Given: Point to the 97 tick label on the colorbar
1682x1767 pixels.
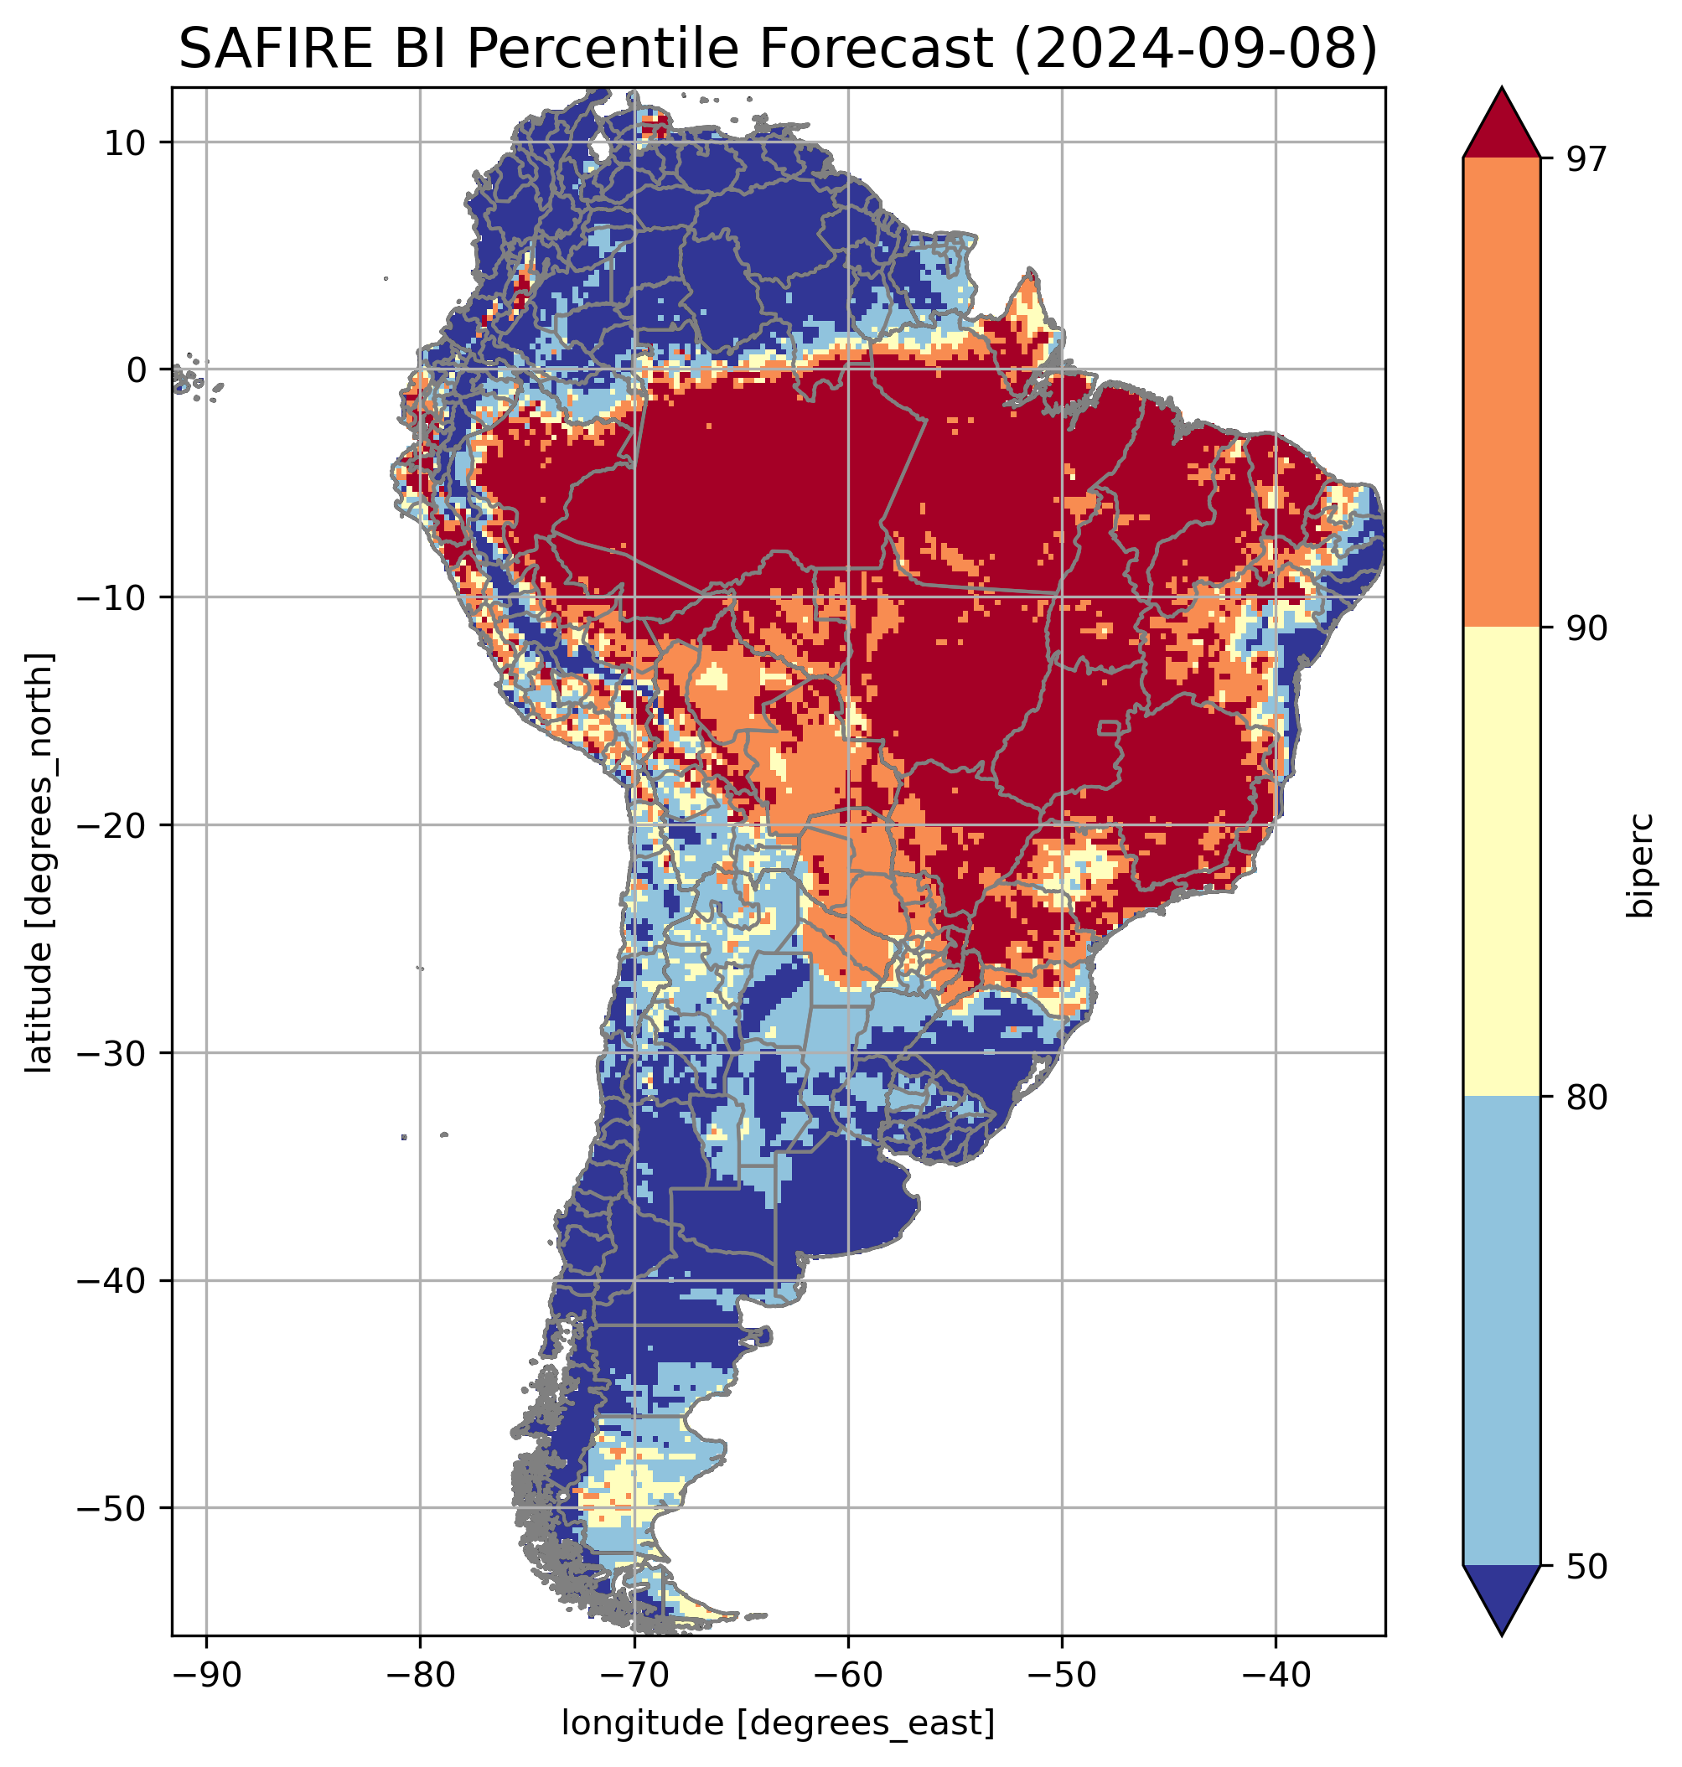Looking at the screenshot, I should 1586,158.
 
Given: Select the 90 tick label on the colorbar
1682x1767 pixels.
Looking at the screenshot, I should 1586,628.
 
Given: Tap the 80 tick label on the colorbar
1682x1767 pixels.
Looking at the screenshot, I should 1586,1098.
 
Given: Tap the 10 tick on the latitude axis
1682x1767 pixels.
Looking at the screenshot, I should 125,142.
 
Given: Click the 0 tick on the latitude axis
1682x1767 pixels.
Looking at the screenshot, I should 137,370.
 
